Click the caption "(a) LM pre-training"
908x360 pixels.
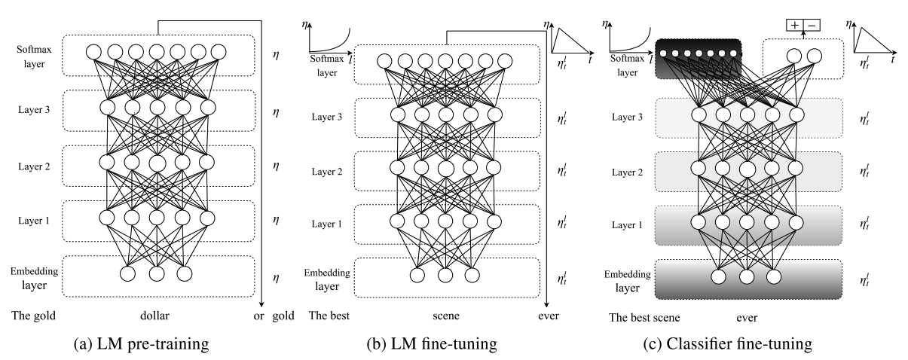pos(141,343)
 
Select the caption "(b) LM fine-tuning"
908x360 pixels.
pos(432,343)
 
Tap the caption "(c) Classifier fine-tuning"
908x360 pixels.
pos(728,343)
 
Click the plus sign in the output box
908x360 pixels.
pos(795,25)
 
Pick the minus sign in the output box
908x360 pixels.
pos(812,26)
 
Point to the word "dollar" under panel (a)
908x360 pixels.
pos(154,316)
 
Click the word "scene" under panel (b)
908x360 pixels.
pos(446,316)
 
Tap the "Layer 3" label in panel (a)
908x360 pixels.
pos(34,110)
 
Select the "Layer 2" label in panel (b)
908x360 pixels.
pos(327,172)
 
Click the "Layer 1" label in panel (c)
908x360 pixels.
pos(627,224)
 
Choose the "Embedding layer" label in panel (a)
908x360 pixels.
pos(34,278)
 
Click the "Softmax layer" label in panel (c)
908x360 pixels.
pos(627,66)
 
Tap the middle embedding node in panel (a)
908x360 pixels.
pos(157,273)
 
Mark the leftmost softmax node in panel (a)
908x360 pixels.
pos(93,52)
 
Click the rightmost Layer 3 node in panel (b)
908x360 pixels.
pos(495,114)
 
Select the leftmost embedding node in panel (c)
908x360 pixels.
pos(719,277)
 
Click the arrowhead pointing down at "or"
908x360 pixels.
pos(262,304)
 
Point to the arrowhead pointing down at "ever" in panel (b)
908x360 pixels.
pos(547,304)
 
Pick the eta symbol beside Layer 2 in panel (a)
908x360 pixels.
pos(276,166)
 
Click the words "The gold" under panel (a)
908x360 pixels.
pos(34,316)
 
